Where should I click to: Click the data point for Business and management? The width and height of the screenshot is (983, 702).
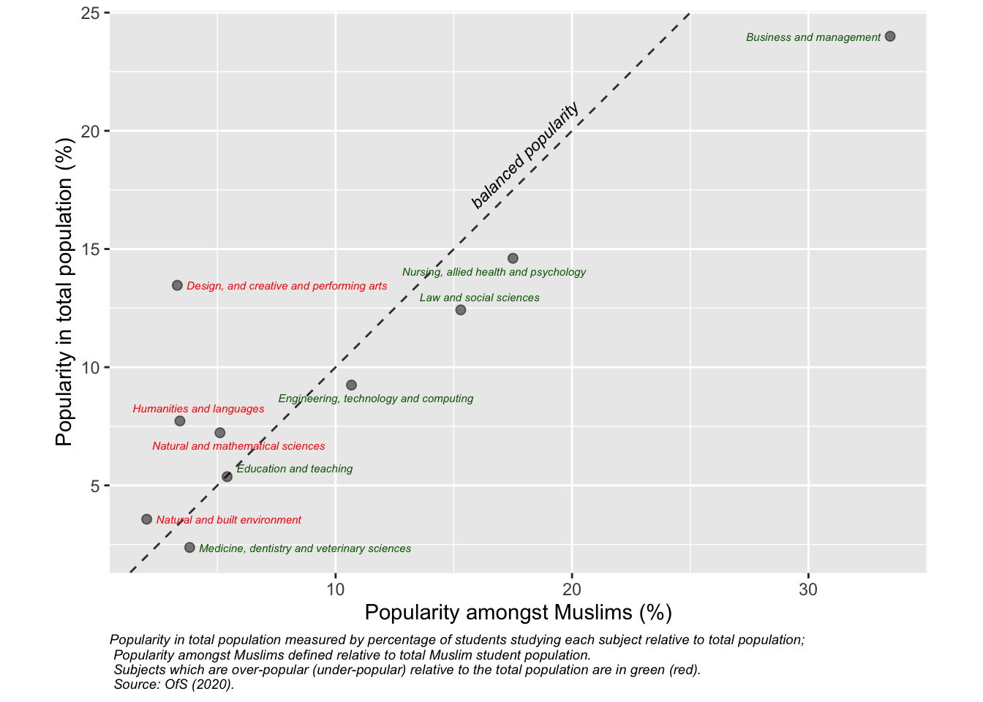coord(890,37)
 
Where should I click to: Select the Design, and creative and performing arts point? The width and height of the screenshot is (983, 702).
coord(177,285)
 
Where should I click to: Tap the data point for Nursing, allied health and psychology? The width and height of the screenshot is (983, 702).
coord(513,258)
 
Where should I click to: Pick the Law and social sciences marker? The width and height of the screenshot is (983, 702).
coord(461,310)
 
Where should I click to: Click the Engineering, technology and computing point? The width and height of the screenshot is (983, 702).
coord(351,385)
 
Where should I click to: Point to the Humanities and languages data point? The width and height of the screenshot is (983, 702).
coord(180,421)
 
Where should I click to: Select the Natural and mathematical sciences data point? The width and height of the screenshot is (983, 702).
coord(220,433)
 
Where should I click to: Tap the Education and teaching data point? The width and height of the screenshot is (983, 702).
coord(227,477)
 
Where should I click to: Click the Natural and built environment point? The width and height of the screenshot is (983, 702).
coord(146,519)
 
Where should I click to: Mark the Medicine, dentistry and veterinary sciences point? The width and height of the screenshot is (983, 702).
coord(189,548)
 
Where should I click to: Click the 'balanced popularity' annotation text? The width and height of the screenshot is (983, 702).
coord(525,156)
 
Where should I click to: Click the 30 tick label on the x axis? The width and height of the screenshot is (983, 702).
coord(808,589)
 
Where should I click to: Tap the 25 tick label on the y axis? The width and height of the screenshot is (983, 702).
coord(91,13)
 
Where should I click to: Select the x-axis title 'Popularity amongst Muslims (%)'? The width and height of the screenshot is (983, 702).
coord(518,613)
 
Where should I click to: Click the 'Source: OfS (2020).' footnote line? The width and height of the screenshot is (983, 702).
coord(174,685)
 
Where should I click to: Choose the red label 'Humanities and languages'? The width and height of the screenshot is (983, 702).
coord(198,409)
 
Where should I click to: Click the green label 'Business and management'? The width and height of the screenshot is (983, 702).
coord(813,37)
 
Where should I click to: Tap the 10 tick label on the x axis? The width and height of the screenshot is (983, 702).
coord(335,589)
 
